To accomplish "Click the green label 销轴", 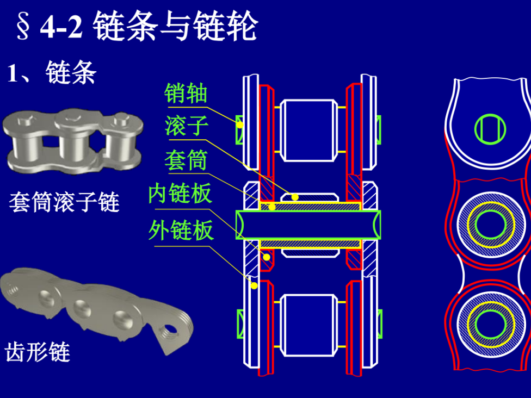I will click(x=186, y=94).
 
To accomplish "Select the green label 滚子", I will click(x=186, y=126).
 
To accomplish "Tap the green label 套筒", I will click(x=186, y=161).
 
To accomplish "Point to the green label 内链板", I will click(x=180, y=194).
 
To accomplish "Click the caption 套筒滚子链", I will click(x=64, y=203).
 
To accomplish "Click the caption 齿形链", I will click(x=38, y=352).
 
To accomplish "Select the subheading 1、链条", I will click(x=52, y=72).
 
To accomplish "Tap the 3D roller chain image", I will click(x=73, y=140).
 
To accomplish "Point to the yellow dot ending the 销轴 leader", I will click(x=240, y=125).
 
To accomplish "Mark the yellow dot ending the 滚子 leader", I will click(x=294, y=197).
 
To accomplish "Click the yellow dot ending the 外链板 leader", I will click(x=254, y=285).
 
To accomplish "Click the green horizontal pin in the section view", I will click(x=308, y=225).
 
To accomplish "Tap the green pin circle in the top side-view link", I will click(x=490, y=129).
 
